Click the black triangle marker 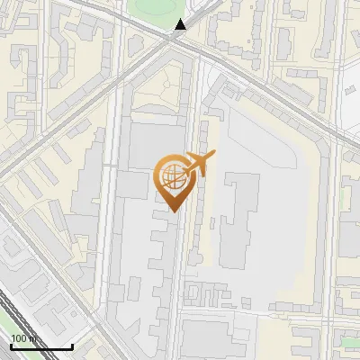(180, 24)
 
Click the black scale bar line (40, 346)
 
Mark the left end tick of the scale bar (10, 344)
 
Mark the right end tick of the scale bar (72, 344)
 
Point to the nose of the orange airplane (214, 155)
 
